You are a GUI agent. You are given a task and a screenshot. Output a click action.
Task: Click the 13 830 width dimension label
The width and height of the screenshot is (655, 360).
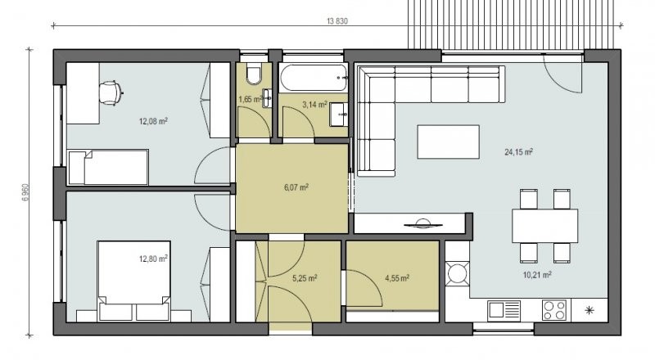[x=337, y=21]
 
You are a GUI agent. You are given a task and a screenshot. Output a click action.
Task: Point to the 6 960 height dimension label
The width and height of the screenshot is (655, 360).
[x=26, y=193]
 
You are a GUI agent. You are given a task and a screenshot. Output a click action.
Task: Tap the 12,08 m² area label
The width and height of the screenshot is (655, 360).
[x=153, y=122]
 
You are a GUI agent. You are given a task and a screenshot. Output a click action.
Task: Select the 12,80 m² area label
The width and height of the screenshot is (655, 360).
[x=153, y=259]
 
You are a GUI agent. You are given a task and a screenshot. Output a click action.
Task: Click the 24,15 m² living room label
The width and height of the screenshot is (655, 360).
[x=518, y=152]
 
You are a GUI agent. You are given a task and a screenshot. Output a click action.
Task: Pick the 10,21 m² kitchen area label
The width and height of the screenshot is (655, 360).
[x=537, y=275]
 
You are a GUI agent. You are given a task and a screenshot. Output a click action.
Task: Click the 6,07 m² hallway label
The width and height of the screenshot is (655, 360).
[x=296, y=187]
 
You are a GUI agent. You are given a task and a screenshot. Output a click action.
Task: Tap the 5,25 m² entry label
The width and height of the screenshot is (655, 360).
[x=305, y=278]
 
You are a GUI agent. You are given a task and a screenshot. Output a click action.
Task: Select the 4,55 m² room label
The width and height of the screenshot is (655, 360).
[x=397, y=278]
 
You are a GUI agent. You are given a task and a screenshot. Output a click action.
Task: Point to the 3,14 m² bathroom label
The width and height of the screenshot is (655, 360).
[x=314, y=105]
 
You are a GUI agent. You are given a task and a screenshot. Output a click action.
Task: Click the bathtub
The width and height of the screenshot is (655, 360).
[x=314, y=78]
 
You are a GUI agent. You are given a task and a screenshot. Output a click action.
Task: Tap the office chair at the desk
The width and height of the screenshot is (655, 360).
[x=111, y=92]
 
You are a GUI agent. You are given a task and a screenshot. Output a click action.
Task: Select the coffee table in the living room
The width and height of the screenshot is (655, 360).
[x=448, y=142]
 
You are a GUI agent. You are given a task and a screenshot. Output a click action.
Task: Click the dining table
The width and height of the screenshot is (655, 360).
[x=545, y=226]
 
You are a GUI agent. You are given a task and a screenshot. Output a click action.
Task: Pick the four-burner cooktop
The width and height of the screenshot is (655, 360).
[x=554, y=310]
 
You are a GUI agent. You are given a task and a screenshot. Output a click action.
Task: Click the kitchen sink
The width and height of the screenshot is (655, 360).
[x=504, y=310]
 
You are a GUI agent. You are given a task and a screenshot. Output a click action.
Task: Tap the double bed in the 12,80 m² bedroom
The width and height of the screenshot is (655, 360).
[x=134, y=281]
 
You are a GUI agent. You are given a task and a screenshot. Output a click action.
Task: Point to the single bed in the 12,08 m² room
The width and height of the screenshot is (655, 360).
[x=108, y=168]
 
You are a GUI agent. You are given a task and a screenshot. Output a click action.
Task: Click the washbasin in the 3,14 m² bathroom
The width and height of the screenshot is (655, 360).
[x=339, y=115]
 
